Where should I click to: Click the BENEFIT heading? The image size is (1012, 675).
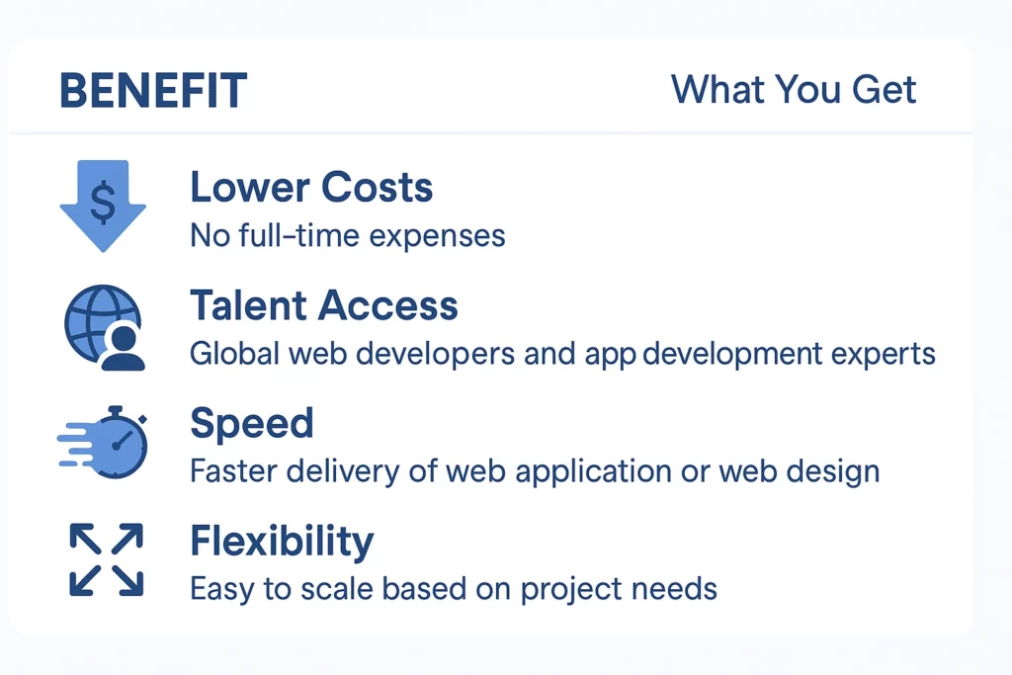pyautogui.click(x=153, y=92)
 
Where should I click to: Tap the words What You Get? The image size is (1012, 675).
pyautogui.click(x=794, y=90)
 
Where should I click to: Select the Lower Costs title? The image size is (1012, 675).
pyautogui.click(x=311, y=187)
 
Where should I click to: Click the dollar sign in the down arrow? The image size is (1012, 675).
pyautogui.click(x=103, y=202)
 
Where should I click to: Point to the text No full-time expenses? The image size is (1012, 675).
pyautogui.click(x=347, y=236)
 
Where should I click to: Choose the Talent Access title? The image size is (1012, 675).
pyautogui.click(x=324, y=305)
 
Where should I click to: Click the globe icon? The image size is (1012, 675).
pyautogui.click(x=97, y=319)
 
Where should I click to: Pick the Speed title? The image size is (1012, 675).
pyautogui.click(x=251, y=423)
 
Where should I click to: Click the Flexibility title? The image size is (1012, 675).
pyautogui.click(x=282, y=541)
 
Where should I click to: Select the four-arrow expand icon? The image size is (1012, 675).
pyautogui.click(x=106, y=559)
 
